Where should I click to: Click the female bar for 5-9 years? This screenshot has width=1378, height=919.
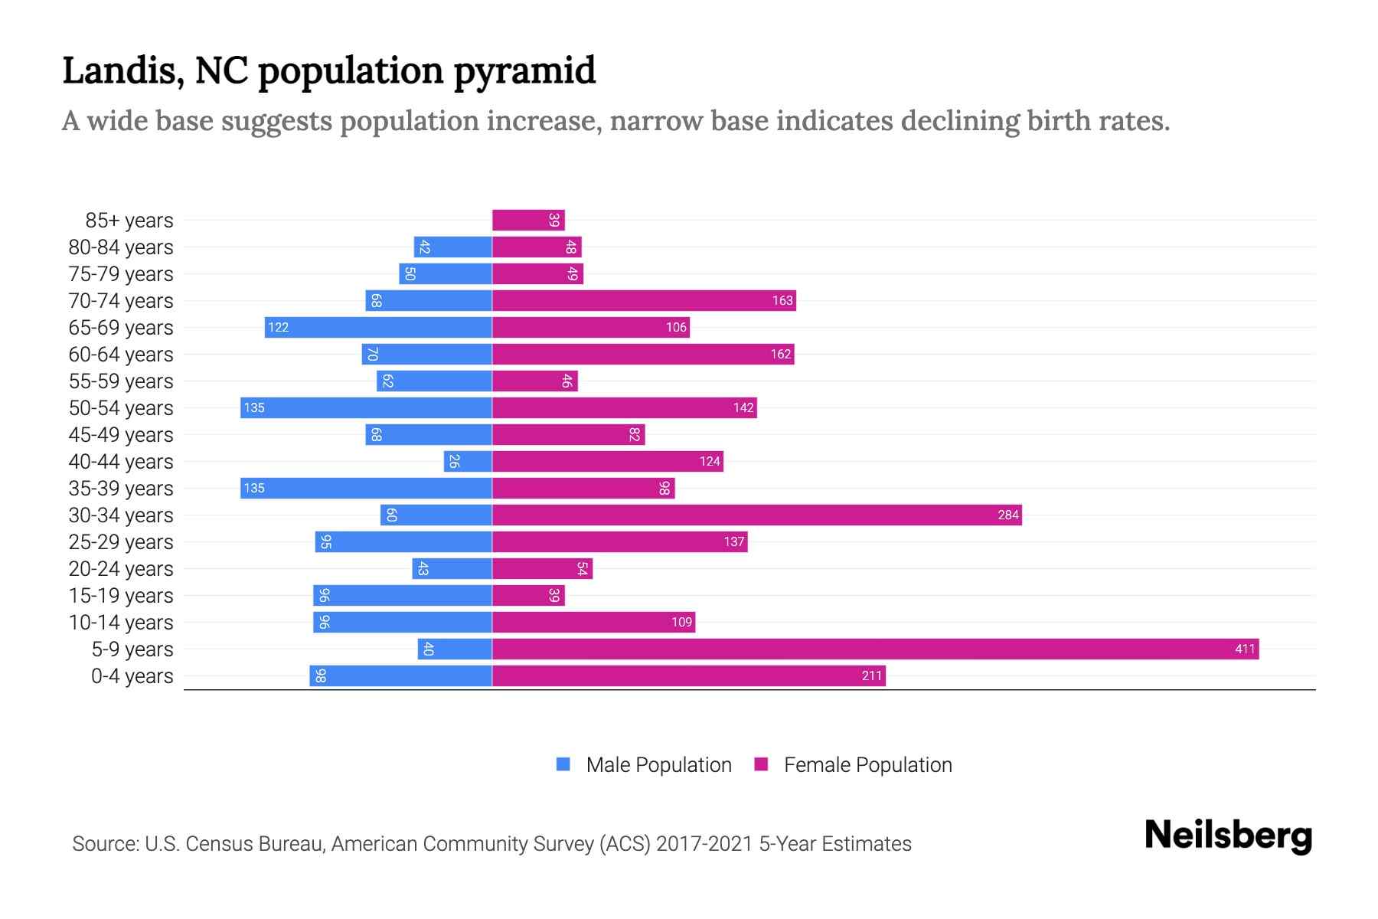875,649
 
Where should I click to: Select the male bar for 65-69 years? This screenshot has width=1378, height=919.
378,328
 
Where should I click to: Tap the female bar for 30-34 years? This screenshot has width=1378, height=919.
756,515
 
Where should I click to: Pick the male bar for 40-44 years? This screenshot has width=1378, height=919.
468,462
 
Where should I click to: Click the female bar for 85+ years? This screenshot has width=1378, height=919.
528,221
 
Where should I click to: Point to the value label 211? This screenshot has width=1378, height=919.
871,676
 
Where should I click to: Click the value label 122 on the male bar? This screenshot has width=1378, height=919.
278,328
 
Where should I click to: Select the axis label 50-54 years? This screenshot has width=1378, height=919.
121,408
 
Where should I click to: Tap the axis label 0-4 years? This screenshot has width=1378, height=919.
132,676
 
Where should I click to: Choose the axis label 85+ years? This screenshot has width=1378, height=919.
129,221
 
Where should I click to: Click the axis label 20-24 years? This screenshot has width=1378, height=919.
121,569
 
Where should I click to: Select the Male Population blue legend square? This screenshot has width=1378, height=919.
563,764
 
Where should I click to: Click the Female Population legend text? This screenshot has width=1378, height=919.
867,765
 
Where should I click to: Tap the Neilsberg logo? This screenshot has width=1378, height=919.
1228,836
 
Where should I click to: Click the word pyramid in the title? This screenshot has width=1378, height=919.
524,71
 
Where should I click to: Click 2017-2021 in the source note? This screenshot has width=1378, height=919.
704,844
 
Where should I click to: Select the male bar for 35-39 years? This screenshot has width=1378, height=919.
366,489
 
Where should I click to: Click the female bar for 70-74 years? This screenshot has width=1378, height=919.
644,301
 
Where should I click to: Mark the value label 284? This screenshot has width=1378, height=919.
1007,515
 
